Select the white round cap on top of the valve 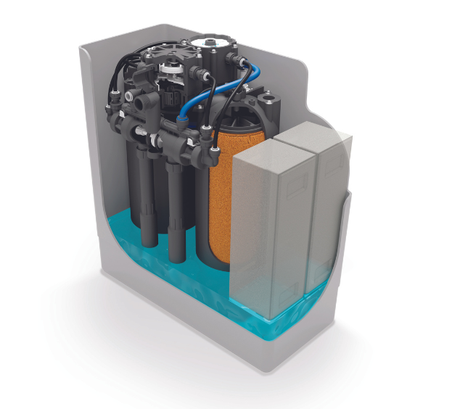pyautogui.click(x=213, y=39)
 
